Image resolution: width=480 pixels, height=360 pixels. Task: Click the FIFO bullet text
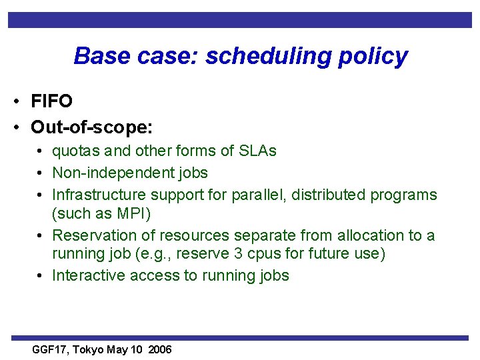(x=51, y=101)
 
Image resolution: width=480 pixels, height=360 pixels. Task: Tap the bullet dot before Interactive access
(x=41, y=276)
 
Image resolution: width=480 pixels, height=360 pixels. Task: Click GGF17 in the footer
(x=51, y=350)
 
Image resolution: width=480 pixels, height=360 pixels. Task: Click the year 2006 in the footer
(x=160, y=350)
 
